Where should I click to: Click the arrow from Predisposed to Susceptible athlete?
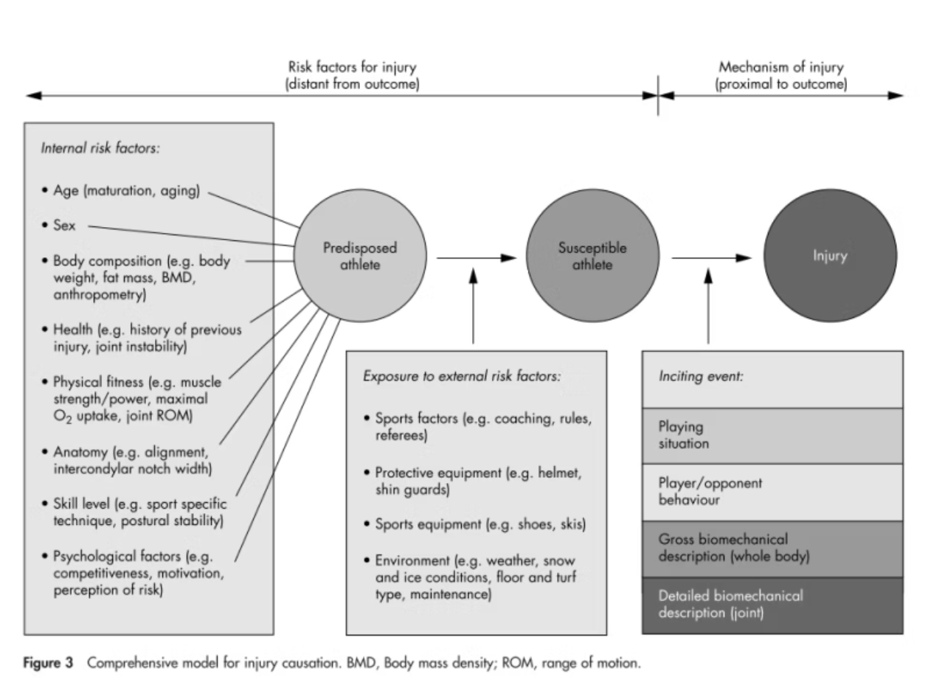click(476, 257)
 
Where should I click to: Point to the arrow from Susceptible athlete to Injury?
click(711, 257)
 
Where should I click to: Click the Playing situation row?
click(772, 436)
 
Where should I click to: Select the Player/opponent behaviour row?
click(772, 492)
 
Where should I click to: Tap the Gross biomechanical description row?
click(772, 548)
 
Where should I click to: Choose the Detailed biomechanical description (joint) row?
click(772, 605)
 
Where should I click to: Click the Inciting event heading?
click(700, 376)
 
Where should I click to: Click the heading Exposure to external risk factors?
click(462, 376)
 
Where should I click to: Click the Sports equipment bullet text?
click(480, 524)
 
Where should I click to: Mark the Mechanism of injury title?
click(781, 68)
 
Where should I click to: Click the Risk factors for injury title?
click(352, 68)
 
